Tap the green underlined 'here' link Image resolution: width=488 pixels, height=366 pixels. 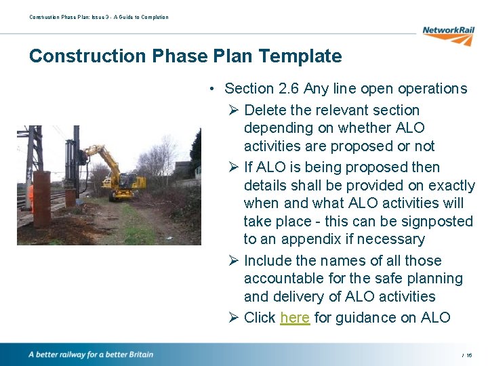295,318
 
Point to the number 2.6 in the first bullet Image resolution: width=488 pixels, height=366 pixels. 289,89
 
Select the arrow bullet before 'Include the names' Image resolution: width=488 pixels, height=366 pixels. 233,261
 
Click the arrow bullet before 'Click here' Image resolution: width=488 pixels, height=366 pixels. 233,318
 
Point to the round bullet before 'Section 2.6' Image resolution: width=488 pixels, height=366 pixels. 213,89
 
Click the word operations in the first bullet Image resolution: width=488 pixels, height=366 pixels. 432,89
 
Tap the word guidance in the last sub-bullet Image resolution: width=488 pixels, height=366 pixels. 362,318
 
